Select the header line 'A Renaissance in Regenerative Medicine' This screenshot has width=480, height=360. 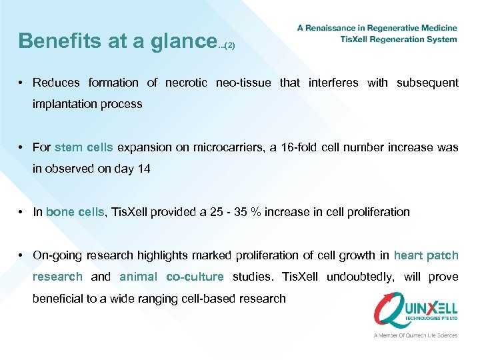[377, 28]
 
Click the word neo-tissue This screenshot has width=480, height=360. [244, 83]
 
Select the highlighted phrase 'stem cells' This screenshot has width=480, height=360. [84, 147]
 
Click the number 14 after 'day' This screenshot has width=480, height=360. [144, 169]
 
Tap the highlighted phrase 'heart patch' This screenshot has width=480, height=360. [426, 255]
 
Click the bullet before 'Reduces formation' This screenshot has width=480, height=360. [22, 83]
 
